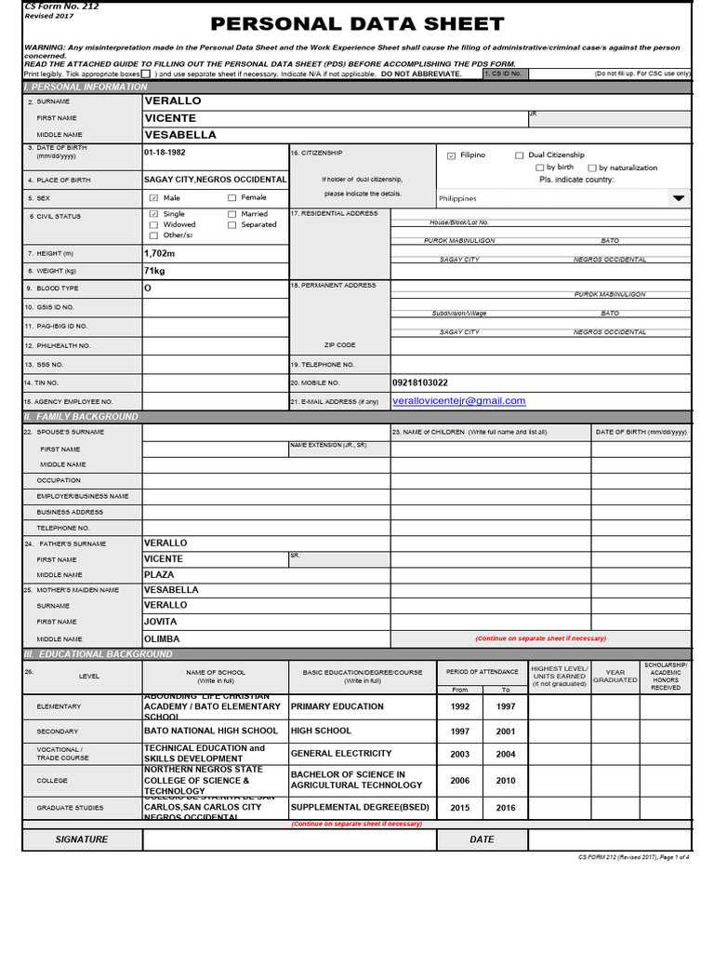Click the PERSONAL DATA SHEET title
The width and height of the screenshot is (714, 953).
[x=358, y=24]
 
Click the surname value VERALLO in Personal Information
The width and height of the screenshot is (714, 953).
[x=173, y=101]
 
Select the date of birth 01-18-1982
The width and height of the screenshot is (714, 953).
[x=165, y=152]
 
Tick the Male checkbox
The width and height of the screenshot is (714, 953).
[x=154, y=198]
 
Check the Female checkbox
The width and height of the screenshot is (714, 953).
[x=232, y=198]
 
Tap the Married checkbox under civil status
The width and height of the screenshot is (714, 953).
[x=232, y=214]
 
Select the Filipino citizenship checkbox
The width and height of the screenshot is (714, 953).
[x=452, y=155]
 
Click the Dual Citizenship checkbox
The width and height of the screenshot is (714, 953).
[x=520, y=155]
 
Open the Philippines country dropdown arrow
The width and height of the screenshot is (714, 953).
[x=679, y=198]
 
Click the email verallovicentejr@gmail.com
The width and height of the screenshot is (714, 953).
[x=458, y=401]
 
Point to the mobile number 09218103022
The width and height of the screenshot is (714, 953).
[x=420, y=383]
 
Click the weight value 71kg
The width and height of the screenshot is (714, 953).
[x=154, y=271]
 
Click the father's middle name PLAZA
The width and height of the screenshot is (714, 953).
[x=160, y=575]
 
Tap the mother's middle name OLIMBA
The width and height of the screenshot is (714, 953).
[x=162, y=639]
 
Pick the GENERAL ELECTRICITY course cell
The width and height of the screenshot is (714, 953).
[x=341, y=754]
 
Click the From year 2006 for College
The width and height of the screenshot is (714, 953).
[x=459, y=781]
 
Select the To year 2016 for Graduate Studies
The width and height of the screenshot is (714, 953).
[x=505, y=808]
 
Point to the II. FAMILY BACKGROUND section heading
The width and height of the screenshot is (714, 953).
[x=81, y=417]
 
